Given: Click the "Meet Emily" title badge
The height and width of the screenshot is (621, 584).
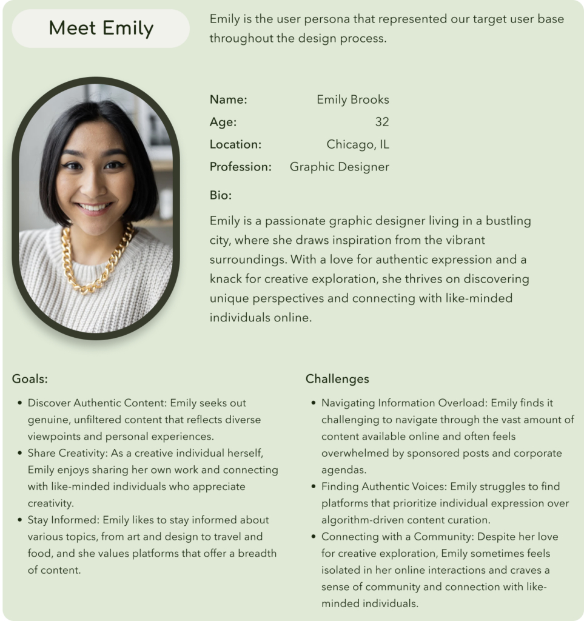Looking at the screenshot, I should tap(101, 29).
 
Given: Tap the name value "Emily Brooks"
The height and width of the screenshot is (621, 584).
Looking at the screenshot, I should tap(352, 99).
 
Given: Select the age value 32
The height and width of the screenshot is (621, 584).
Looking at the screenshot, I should tap(381, 122).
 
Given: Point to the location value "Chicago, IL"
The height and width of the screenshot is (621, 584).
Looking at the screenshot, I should tap(357, 144).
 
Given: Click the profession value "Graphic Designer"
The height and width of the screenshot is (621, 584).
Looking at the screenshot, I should tap(339, 167).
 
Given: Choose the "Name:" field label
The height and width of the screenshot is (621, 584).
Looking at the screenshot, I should tap(228, 99).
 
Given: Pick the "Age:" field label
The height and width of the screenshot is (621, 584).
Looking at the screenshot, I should tap(223, 122).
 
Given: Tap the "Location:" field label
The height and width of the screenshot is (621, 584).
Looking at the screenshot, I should tap(235, 144).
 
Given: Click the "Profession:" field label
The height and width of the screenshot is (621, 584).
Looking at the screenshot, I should tap(240, 167).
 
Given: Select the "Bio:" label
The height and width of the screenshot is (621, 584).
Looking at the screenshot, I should tap(221, 195).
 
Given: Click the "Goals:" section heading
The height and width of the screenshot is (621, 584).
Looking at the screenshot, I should tap(30, 379).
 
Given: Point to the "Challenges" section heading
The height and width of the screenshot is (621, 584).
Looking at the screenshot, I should tap(337, 379).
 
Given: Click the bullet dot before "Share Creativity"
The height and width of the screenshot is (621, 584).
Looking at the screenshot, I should tap(21, 453).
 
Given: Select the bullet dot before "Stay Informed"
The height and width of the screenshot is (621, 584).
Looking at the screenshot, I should tap(21, 520).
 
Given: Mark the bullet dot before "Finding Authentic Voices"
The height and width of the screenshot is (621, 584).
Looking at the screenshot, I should tap(314, 486).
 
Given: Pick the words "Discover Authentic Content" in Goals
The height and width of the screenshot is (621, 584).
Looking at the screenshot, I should tap(96, 403).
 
